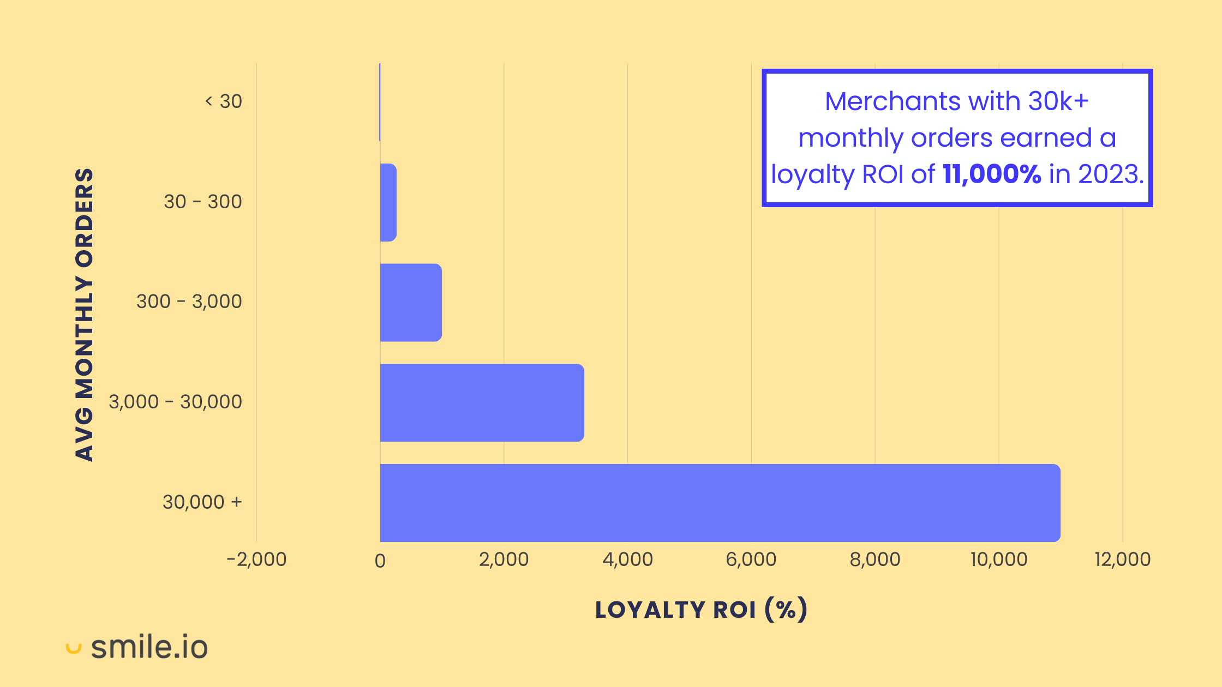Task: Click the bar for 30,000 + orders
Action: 720,503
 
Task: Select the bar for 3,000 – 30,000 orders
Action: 482,403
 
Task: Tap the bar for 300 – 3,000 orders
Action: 411,303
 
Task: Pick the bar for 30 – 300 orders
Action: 388,202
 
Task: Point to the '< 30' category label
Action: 224,101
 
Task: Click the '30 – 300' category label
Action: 203,202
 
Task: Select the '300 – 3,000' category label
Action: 189,302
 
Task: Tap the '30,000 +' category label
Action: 202,502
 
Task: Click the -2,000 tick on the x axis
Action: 256,559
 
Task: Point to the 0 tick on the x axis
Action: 380,561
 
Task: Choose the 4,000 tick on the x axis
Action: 627,559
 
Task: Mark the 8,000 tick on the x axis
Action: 875,559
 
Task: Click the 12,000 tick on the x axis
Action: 1122,559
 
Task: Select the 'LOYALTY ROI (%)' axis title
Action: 701,610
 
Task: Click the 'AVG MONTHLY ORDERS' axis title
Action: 85,315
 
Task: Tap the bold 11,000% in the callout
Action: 992,174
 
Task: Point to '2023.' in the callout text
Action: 1111,174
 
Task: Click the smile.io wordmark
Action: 149,647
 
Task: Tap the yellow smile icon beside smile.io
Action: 73,648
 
